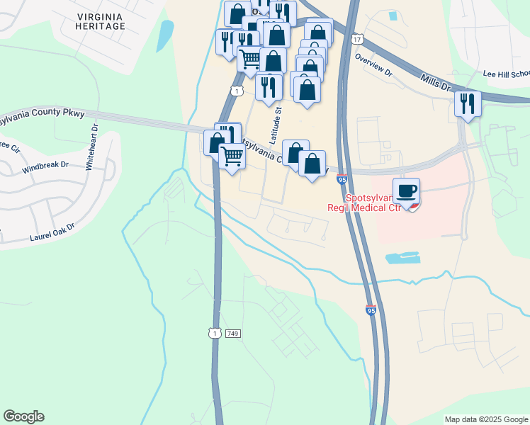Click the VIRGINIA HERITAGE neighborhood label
[x=100, y=20]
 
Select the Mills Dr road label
[x=435, y=83]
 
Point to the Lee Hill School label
[x=506, y=73]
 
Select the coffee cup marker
[x=406, y=191]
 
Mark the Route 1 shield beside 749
[x=214, y=333]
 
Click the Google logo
[x=23, y=416]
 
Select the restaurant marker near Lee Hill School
[x=468, y=103]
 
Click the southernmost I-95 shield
[x=371, y=310]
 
